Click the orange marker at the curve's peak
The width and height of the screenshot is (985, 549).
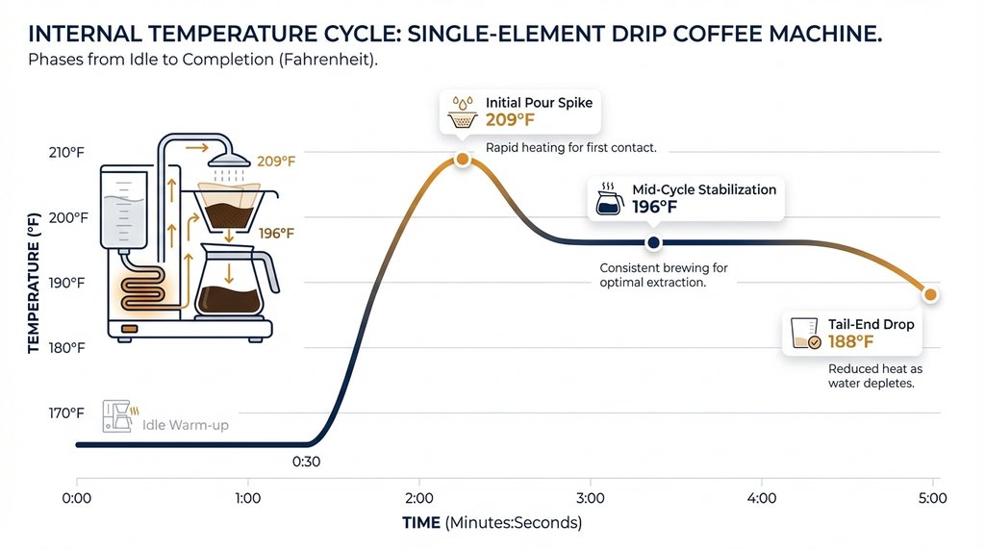(x=462, y=159)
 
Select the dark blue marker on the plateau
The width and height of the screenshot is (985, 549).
(x=654, y=242)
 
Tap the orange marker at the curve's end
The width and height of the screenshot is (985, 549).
(x=930, y=294)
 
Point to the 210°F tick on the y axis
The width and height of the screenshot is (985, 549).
(x=66, y=152)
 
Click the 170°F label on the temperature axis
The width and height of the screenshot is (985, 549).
(x=66, y=413)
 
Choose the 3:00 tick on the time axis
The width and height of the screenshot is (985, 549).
(x=590, y=498)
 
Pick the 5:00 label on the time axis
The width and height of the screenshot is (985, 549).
(x=932, y=498)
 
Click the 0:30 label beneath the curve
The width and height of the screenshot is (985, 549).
(x=306, y=462)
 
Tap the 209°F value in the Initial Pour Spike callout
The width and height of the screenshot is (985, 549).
(x=510, y=120)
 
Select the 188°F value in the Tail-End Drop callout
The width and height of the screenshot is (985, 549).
(x=851, y=341)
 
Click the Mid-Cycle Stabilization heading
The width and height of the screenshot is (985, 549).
(x=704, y=189)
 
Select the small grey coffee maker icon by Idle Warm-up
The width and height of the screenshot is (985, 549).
(x=118, y=415)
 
